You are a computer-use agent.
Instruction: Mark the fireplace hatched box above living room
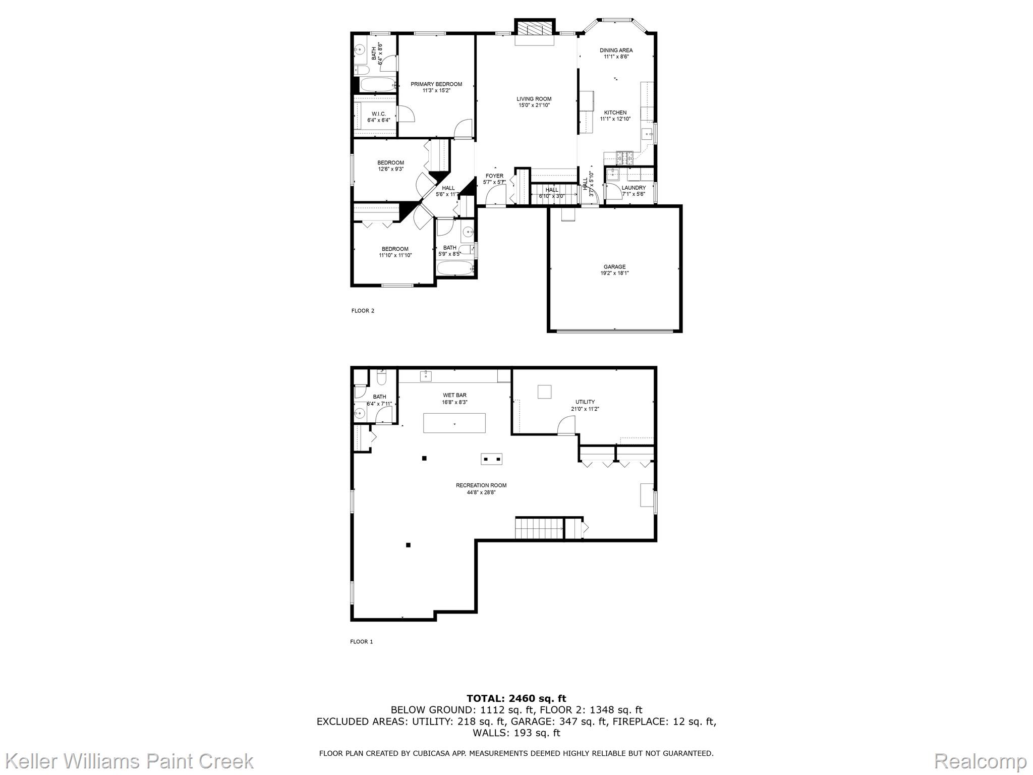tap(534, 28)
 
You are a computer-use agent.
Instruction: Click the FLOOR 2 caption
tap(363, 311)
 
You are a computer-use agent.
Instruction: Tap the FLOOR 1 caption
tap(362, 642)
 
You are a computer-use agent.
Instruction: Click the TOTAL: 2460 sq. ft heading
tap(516, 698)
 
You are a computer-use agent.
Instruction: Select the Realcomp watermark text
tap(980, 761)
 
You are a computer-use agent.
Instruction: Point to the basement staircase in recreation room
tap(539, 529)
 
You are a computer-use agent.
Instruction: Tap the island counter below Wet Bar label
tap(454, 423)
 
